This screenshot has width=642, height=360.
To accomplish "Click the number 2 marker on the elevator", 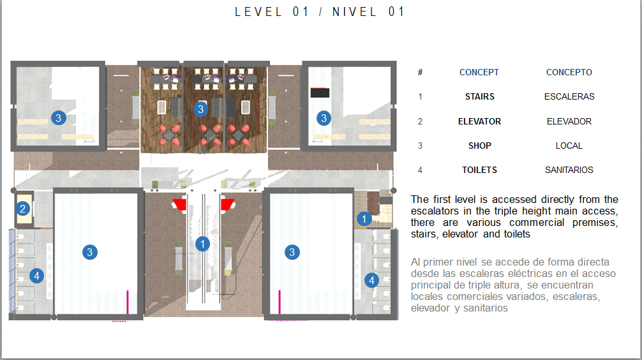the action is (x=22, y=209).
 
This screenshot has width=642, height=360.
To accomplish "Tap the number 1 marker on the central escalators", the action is (x=202, y=244).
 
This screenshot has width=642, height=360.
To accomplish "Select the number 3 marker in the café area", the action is (x=200, y=109).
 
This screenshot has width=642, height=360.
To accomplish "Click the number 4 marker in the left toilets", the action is (x=37, y=276).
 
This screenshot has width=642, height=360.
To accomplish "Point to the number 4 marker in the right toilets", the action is (x=372, y=280).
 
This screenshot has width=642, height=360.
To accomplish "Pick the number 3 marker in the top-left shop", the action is (x=59, y=118).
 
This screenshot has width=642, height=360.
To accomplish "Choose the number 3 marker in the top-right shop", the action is (x=324, y=118).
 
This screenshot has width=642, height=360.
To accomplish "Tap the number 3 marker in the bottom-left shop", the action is (x=90, y=252).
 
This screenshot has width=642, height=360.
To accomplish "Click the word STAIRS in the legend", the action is (x=479, y=96).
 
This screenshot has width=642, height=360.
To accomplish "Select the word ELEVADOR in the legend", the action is (x=569, y=122).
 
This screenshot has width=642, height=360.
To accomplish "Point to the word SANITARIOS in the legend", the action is (x=569, y=170).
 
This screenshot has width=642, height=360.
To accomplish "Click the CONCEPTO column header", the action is (x=569, y=73).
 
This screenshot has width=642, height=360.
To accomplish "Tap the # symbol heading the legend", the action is (x=420, y=73).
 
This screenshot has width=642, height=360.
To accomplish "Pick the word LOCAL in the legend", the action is (x=569, y=146).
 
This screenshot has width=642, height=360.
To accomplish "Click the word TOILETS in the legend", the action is (x=479, y=170).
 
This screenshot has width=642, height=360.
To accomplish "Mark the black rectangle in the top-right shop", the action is (x=320, y=93).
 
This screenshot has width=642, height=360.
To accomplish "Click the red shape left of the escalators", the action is (x=179, y=204).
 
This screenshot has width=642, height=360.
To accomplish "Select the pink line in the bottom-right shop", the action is (x=280, y=302).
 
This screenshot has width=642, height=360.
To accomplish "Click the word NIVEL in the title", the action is (x=354, y=12).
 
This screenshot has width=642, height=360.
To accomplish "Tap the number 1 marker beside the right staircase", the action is (x=364, y=219).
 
